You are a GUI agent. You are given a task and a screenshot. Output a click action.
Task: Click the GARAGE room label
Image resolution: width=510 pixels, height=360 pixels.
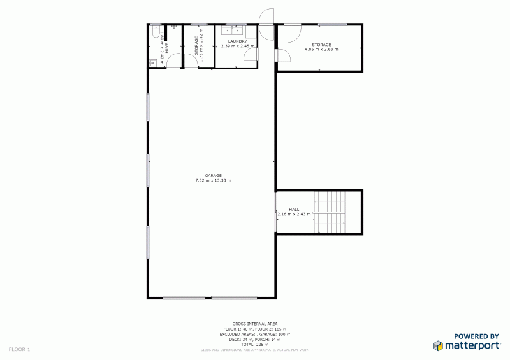tap(213, 175)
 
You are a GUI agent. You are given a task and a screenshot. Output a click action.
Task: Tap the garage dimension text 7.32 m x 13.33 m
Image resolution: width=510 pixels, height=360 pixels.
tap(213, 180)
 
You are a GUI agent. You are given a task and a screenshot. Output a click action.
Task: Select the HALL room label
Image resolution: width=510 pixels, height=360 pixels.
tap(294, 209)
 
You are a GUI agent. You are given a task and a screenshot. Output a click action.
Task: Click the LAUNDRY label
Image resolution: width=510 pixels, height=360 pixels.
tap(237, 41)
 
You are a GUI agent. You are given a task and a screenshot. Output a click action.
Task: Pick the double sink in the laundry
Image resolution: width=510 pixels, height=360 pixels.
tap(231, 29)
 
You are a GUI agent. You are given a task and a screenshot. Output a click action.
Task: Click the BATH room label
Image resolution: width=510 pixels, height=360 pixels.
tap(167, 46)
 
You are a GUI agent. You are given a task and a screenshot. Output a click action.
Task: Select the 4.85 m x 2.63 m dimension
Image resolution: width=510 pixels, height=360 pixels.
tap(321, 49)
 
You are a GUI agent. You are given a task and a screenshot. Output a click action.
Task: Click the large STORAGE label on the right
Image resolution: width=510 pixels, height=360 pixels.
tap(321, 44)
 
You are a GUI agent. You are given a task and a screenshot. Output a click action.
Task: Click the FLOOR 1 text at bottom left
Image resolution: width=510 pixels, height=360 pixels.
tap(19, 349)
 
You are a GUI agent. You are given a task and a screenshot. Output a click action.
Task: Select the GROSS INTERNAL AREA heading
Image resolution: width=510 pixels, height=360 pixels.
tap(254, 324)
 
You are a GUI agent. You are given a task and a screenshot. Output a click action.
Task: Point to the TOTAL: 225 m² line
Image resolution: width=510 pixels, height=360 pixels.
tap(254, 344)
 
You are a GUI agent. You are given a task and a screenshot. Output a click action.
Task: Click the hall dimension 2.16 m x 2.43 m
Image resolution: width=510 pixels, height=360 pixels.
tap(294, 214)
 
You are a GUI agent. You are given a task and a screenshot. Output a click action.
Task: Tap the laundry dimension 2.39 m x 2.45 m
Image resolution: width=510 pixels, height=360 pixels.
tap(237, 46)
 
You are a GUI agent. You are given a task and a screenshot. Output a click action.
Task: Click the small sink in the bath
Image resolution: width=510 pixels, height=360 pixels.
tap(153, 62)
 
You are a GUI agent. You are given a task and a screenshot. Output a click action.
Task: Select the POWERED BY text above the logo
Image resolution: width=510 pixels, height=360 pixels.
tap(476, 336)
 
